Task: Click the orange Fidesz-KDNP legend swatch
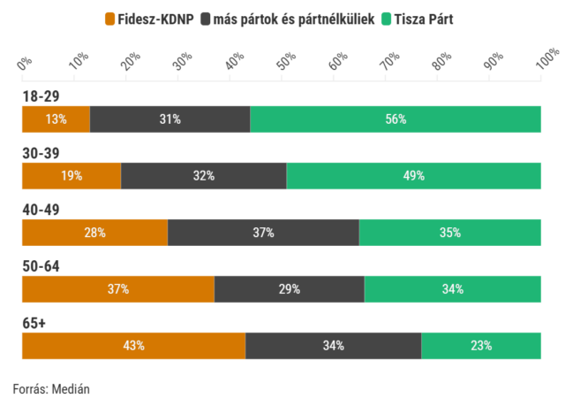pyautogui.click(x=109, y=18)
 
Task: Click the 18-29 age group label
pyautogui.click(x=41, y=96)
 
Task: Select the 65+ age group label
pyautogui.click(x=34, y=323)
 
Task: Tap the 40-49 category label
pyautogui.click(x=41, y=210)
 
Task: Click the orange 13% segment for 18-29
pyautogui.click(x=56, y=119)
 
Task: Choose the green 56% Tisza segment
pyautogui.click(x=395, y=119)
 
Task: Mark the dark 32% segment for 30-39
pyautogui.click(x=204, y=175)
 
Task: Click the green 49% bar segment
pyautogui.click(x=413, y=175)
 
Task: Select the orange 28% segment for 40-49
pyautogui.click(x=94, y=232)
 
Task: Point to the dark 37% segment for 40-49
pyautogui.click(x=263, y=232)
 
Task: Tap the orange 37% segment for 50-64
pyautogui.click(x=118, y=288)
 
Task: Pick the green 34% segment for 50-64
pyautogui.click(x=452, y=288)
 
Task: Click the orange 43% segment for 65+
pyautogui.click(x=133, y=345)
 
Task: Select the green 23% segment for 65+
pyautogui.click(x=480, y=345)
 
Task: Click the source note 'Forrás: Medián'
pyautogui.click(x=51, y=388)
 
